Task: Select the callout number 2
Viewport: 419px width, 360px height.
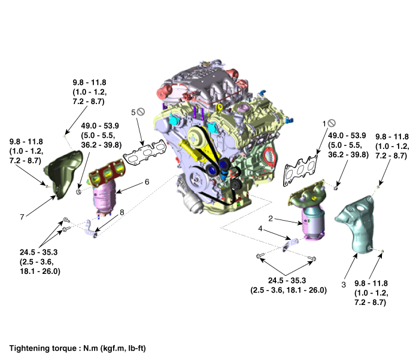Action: coord(271,219)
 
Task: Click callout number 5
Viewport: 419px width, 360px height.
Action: coord(133,111)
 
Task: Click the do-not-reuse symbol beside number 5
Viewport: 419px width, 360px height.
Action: coord(141,111)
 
